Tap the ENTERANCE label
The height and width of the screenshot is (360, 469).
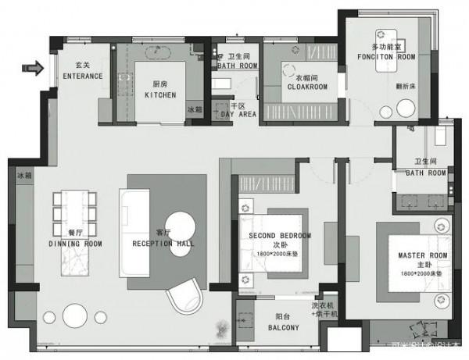pyautogui.click(x=83, y=76)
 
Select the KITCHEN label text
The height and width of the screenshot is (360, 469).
pyautogui.click(x=160, y=95)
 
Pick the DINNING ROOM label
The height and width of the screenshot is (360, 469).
pyautogui.click(x=75, y=244)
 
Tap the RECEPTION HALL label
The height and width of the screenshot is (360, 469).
pyautogui.click(x=164, y=244)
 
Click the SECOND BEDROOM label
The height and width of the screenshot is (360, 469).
pyautogui.click(x=280, y=235)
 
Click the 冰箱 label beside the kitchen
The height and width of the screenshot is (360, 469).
pyautogui.click(x=194, y=111)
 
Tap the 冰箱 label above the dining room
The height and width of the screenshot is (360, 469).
pyautogui.click(x=23, y=176)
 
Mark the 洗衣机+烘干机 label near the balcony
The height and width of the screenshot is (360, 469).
pyautogui.click(x=324, y=309)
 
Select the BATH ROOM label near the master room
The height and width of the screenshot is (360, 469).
pyautogui.click(x=425, y=173)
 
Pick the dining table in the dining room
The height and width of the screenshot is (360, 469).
pyautogui.click(x=76, y=211)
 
